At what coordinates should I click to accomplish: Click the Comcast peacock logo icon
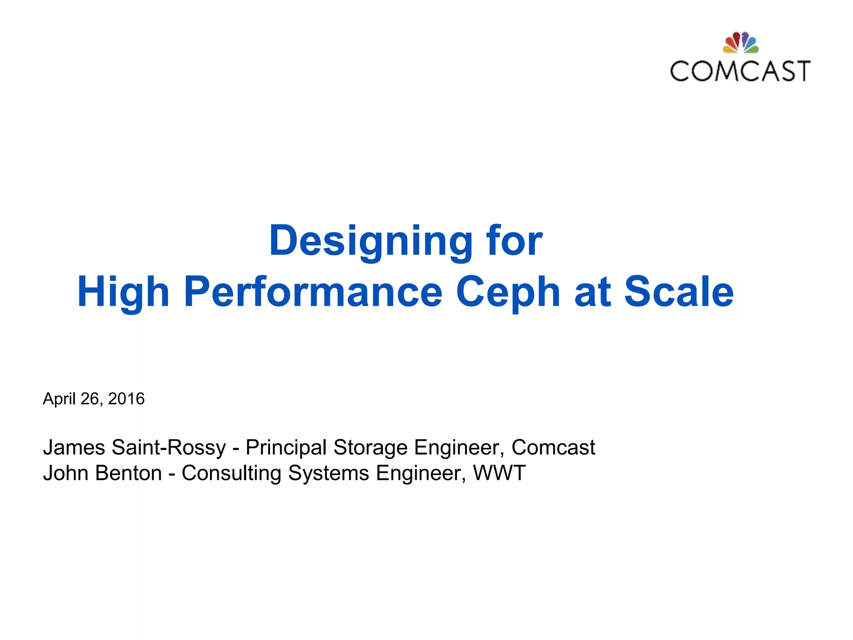coord(740,43)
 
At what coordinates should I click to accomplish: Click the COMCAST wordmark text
coord(740,71)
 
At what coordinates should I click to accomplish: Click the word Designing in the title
coord(370,241)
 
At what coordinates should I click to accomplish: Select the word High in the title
coord(123,292)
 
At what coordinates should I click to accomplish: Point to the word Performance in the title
coord(313,292)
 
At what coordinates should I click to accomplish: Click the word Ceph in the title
coord(508,292)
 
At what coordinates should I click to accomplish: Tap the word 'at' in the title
coord(592,292)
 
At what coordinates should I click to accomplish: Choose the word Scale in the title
coord(678,292)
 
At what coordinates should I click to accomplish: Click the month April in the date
coord(60,399)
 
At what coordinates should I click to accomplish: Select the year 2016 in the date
coord(126,399)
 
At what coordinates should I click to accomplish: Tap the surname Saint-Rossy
coord(169,447)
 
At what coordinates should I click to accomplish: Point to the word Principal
coord(286,447)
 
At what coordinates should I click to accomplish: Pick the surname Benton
coord(128,473)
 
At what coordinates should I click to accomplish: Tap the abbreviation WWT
coord(499,473)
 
